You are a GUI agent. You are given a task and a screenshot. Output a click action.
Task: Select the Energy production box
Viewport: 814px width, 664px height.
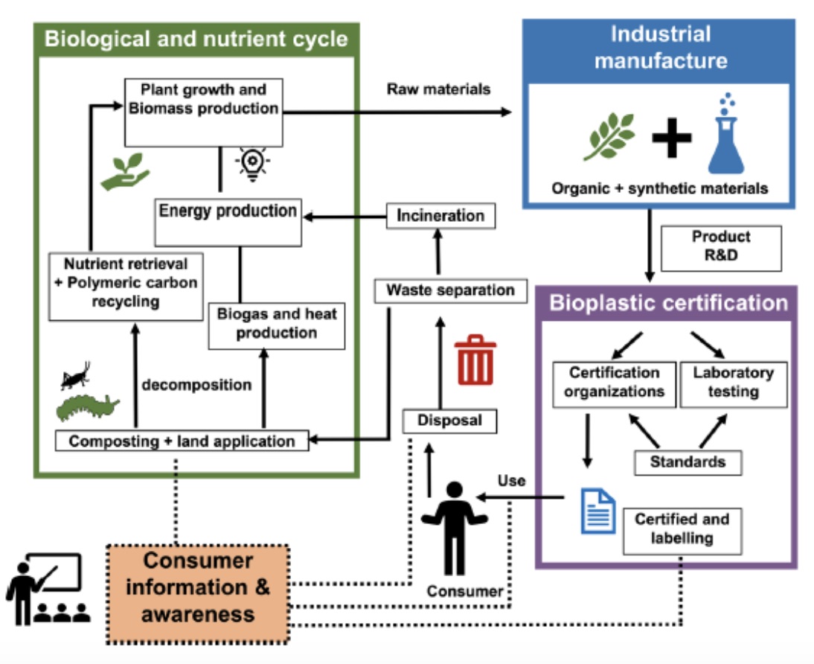coord(227,221)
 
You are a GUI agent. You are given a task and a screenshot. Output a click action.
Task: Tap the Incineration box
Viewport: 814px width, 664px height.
coord(440,216)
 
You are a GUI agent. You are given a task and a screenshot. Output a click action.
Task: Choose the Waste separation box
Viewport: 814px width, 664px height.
coord(450,290)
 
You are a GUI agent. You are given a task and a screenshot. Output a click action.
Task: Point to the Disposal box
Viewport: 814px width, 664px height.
coord(449,421)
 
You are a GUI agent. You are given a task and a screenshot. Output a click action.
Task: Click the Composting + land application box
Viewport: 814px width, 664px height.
coord(182,441)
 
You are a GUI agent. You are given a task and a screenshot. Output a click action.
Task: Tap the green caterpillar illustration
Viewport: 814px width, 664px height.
coord(87,408)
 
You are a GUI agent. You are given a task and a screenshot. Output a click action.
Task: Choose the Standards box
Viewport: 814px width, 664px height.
coord(688,462)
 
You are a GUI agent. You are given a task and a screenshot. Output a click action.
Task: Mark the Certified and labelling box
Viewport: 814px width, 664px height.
coord(682,528)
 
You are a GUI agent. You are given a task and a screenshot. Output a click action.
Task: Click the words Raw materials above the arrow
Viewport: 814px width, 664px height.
coord(438,89)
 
